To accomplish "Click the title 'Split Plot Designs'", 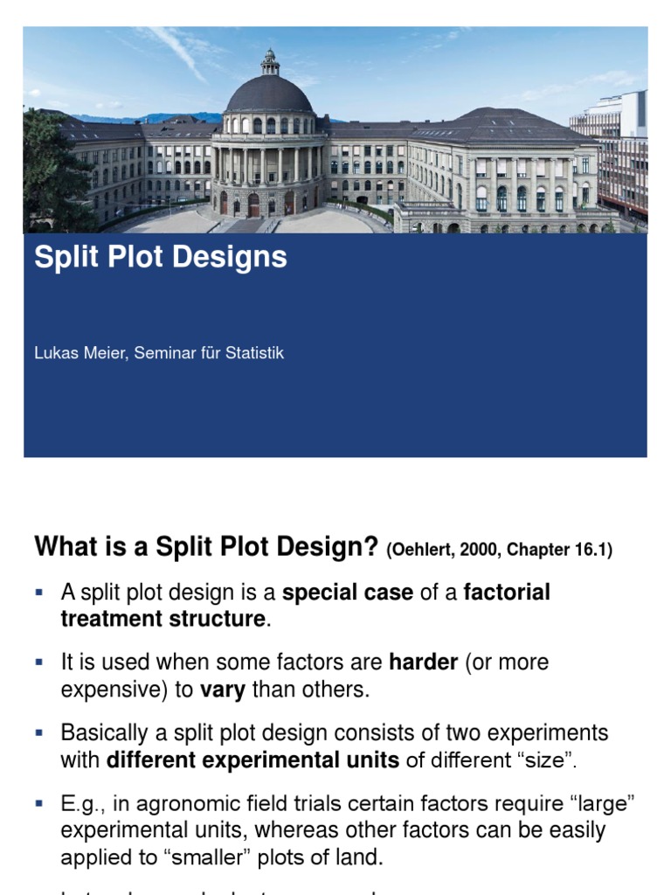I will [x=160, y=258].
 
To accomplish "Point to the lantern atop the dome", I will [x=270, y=61].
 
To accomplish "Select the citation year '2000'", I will [x=473, y=551].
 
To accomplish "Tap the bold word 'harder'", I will [x=423, y=663].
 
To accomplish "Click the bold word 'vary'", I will [x=223, y=690].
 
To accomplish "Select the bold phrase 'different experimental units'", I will [x=252, y=760].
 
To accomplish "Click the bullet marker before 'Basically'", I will [x=39, y=732].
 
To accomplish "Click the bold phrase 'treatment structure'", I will [x=163, y=620].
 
